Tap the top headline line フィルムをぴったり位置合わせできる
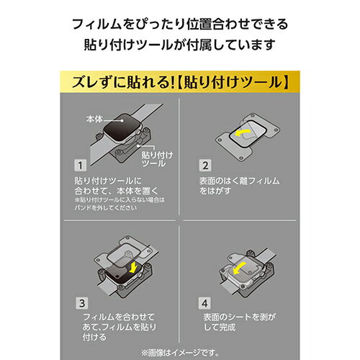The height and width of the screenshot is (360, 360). click(180, 24)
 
